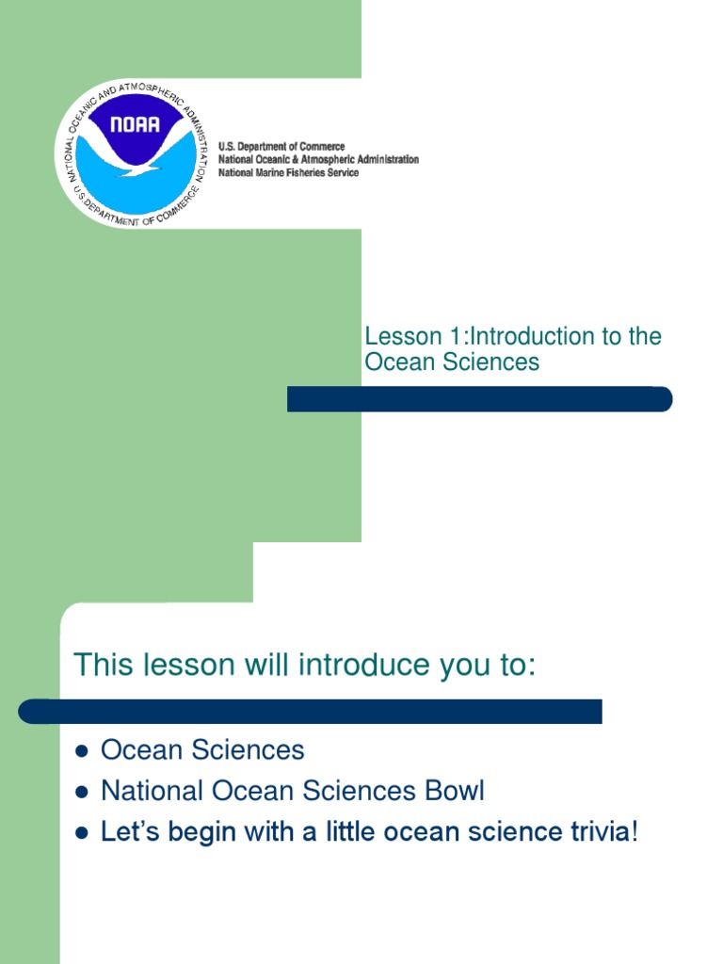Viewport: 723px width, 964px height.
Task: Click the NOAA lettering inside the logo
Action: point(135,123)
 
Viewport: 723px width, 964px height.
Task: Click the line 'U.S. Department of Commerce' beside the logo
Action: point(281,147)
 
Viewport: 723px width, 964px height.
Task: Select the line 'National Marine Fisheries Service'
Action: point(288,173)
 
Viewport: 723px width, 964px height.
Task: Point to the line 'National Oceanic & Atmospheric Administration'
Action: point(318,160)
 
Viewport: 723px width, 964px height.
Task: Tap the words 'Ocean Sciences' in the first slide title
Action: point(452,362)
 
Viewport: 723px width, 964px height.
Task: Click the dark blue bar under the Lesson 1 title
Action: point(479,399)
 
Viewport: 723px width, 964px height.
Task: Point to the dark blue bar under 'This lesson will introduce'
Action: point(311,712)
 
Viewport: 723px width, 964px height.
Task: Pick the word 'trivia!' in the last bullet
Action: point(599,832)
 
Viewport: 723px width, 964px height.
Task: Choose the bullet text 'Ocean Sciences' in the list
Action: point(202,750)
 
